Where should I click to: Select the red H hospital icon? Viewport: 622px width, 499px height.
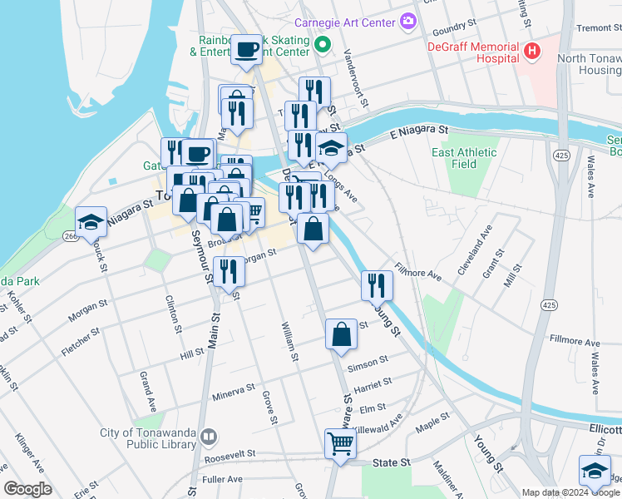tap(531, 52)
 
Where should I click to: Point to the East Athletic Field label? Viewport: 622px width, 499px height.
tap(464, 158)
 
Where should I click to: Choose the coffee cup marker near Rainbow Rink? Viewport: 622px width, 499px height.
tap(247, 50)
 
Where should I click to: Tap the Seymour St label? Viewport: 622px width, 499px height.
tap(197, 249)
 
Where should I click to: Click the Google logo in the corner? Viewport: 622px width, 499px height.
tap(27, 489)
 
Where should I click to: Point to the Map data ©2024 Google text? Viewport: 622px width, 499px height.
tap(570, 492)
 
